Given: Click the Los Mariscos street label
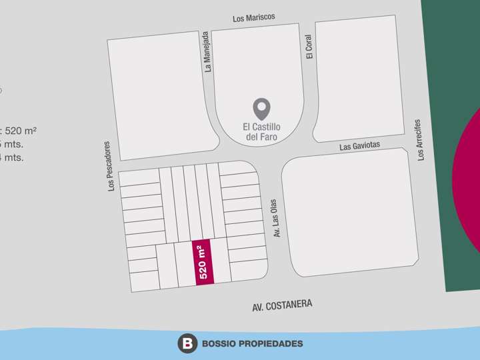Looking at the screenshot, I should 253,18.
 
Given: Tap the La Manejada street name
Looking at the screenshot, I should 207,51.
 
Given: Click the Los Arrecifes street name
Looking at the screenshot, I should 419,140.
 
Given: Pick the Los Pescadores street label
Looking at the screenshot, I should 111,165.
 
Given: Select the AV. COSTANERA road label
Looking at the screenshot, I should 282,305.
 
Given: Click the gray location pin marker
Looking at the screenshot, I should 262,109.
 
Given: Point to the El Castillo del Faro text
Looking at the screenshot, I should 262,131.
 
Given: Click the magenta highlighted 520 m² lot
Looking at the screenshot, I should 203,261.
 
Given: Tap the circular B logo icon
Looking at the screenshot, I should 187,343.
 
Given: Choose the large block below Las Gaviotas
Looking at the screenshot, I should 350,213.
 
